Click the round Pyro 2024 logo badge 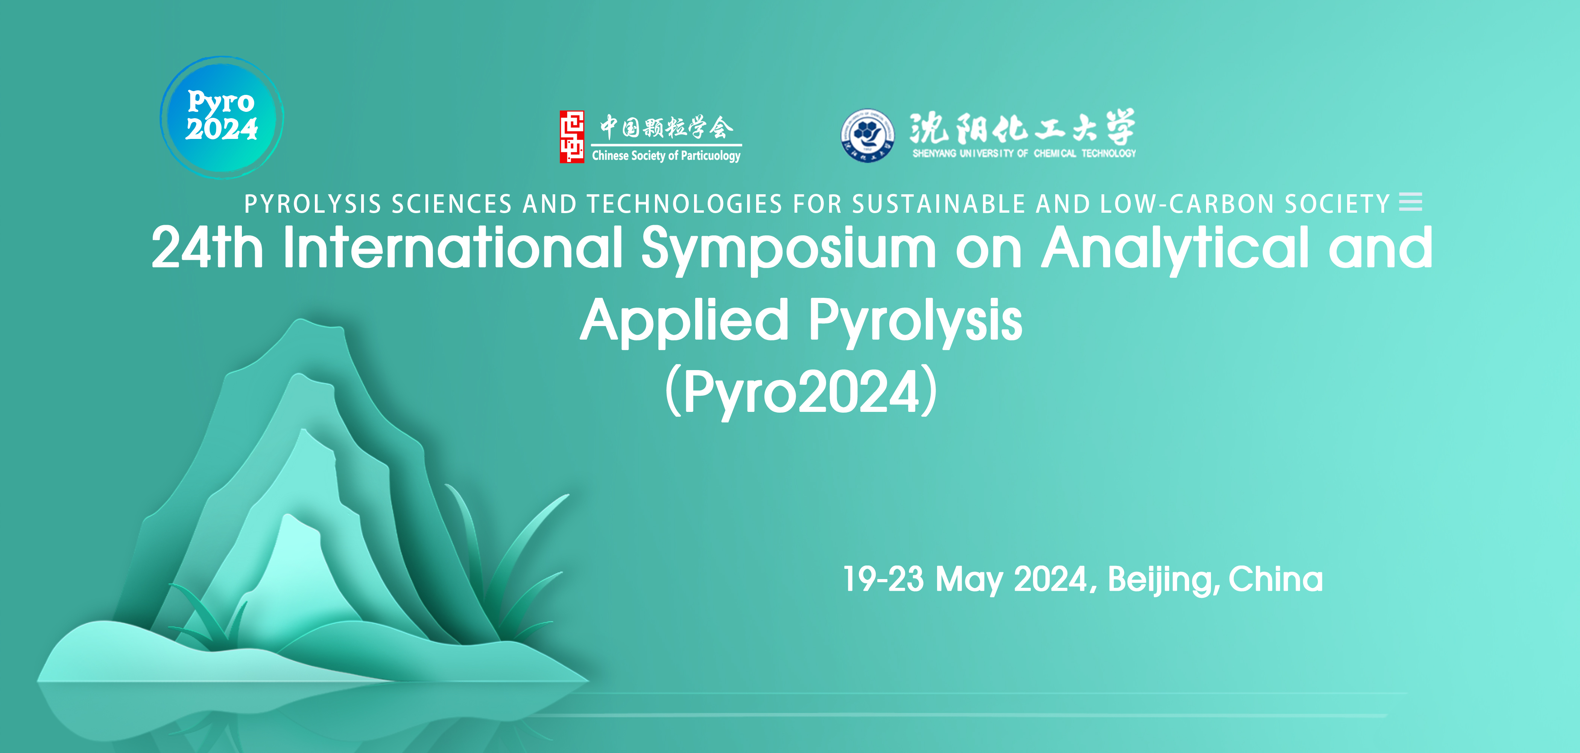click(x=222, y=117)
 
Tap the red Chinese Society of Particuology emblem click(x=572, y=136)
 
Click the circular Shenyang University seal click(x=867, y=135)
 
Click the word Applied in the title click(x=685, y=321)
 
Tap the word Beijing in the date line click(x=1161, y=580)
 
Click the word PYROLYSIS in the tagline click(x=313, y=204)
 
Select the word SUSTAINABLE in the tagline click(x=939, y=204)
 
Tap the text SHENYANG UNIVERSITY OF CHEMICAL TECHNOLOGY click(x=1024, y=153)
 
